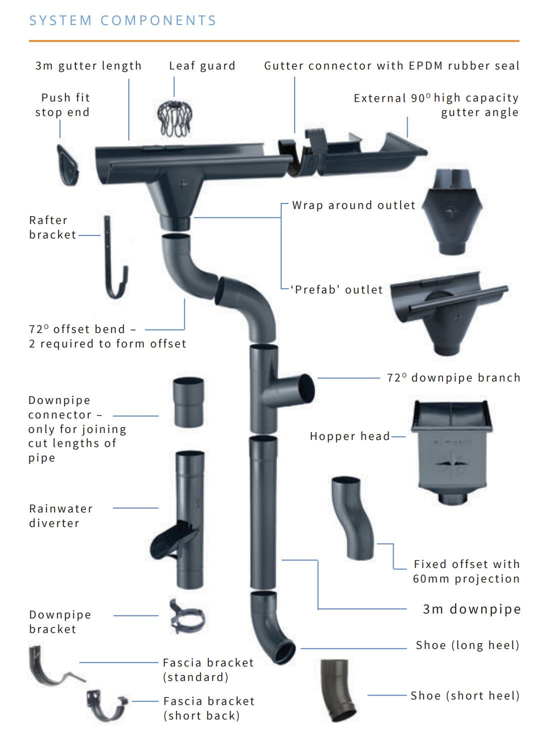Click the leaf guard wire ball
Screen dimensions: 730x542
coord(174,119)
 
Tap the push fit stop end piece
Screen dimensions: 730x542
coord(67,165)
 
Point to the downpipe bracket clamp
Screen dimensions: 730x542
coord(187,616)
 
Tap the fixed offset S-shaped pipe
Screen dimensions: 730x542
coord(353,517)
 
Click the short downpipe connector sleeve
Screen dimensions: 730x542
coord(188,402)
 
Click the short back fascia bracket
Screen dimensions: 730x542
coord(106,705)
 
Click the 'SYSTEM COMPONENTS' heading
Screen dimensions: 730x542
coord(122,20)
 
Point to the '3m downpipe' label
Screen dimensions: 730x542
coord(472,609)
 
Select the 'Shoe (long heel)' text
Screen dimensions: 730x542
coord(468,645)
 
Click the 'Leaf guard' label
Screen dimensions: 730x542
coord(202,66)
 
